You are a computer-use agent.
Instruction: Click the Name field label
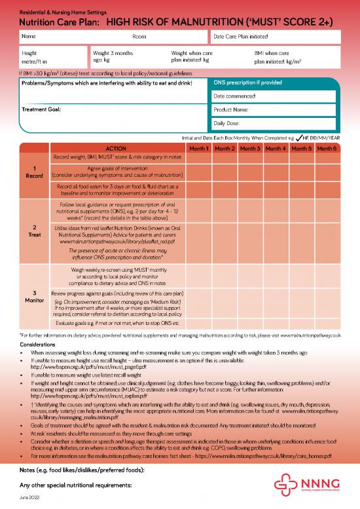click(28, 36)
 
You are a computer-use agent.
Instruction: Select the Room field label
click(139, 37)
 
